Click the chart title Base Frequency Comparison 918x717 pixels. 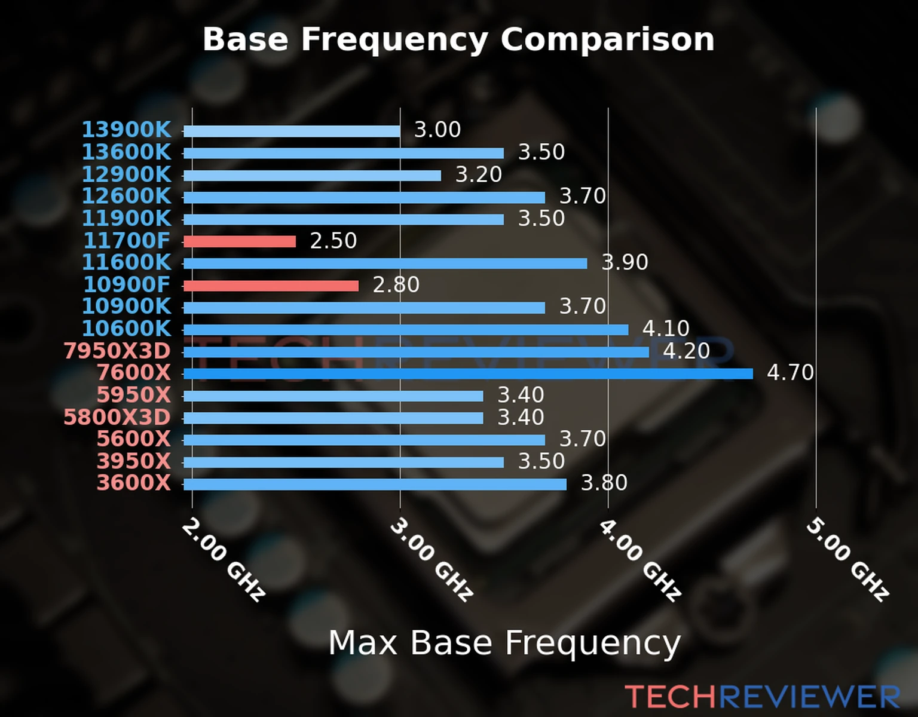pos(458,39)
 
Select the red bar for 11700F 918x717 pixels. pos(240,241)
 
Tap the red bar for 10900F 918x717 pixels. pos(271,286)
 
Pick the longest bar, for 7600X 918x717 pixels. pos(468,374)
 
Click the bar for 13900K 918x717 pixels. pos(292,131)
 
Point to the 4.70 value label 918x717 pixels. pos(790,373)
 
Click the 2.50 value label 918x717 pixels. pos(333,241)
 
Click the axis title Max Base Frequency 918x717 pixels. pos(504,643)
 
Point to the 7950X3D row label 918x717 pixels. pos(117,351)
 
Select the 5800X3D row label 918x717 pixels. pos(117,417)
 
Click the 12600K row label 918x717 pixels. pos(126,196)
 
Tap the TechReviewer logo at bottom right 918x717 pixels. pos(762,697)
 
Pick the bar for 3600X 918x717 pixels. pos(375,484)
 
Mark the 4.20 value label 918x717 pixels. pos(686,351)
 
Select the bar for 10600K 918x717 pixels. pos(406,330)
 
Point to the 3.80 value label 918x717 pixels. pos(604,483)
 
